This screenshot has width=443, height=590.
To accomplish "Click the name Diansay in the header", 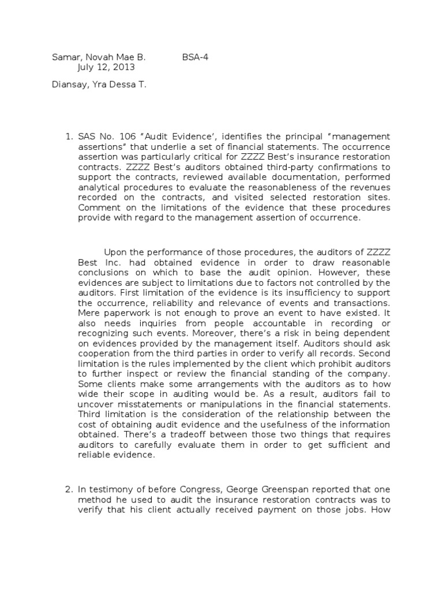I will [69, 85].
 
